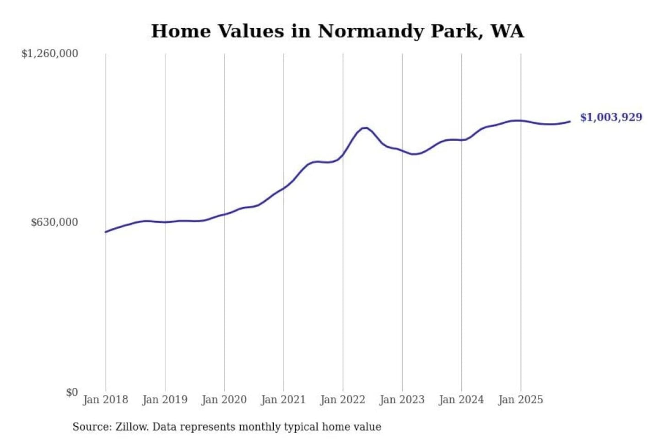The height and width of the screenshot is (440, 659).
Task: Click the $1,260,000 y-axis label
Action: [x=50, y=54]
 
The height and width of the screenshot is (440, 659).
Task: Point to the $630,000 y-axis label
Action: [x=54, y=222]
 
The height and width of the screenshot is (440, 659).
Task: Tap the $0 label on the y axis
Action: [x=72, y=392]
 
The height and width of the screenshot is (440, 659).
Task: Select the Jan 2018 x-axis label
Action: [x=105, y=400]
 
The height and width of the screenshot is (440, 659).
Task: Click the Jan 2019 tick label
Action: [x=165, y=400]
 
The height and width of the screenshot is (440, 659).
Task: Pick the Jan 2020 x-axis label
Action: [x=224, y=400]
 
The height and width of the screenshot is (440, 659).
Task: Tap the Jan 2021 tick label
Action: [x=283, y=400]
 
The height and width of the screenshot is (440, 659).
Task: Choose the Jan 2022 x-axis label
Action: [x=342, y=400]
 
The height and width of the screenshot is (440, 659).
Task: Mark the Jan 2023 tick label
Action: [x=402, y=400]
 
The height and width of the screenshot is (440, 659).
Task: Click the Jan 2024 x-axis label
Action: [x=461, y=400]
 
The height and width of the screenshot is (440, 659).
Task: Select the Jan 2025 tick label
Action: [x=520, y=400]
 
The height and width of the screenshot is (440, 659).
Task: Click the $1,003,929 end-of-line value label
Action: [x=611, y=117]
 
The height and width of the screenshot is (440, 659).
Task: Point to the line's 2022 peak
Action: [x=365, y=128]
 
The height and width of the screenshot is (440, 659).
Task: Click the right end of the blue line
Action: [x=570, y=121]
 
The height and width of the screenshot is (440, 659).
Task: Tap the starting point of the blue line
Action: [x=106, y=232]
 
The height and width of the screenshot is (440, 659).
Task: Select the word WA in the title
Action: [x=507, y=31]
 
